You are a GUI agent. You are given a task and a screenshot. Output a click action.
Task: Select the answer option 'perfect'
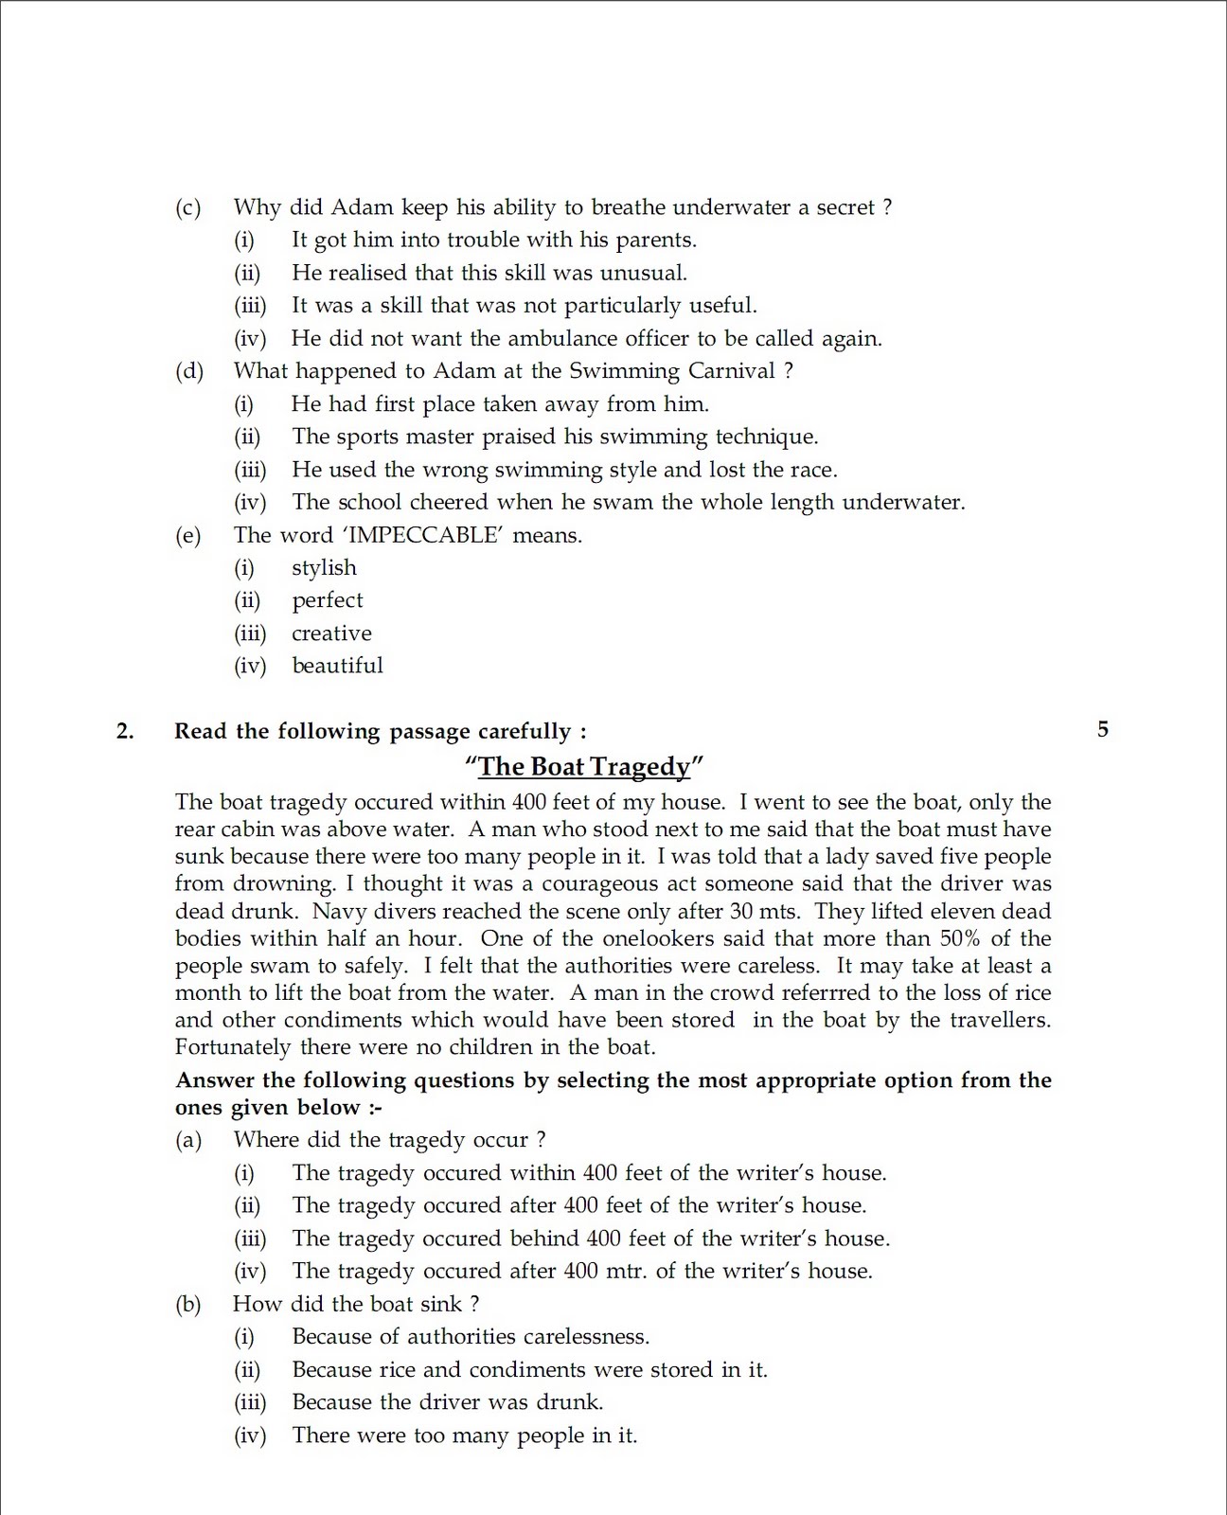click(x=327, y=600)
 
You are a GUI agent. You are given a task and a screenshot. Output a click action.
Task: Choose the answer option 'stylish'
click(x=324, y=568)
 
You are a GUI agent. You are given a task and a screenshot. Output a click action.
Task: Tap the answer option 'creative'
click(x=331, y=633)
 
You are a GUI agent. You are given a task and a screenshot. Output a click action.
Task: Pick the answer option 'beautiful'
click(x=337, y=666)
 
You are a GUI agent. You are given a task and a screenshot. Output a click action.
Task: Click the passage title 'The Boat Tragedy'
click(x=584, y=766)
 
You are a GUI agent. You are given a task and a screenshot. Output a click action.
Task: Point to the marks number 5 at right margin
click(x=1102, y=729)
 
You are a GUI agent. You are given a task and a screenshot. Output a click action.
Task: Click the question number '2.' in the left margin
click(x=125, y=731)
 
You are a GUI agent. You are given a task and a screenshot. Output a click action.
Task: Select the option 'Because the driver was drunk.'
click(x=447, y=1402)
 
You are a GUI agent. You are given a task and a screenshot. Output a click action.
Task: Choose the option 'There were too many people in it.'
click(x=464, y=1435)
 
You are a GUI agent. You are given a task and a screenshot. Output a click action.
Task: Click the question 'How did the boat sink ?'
click(x=356, y=1304)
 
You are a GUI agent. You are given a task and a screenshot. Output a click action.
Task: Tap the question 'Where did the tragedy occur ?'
click(x=389, y=1140)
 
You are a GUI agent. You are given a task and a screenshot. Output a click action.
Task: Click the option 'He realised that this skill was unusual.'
click(x=489, y=273)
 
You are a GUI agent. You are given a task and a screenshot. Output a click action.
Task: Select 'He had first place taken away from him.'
click(x=500, y=404)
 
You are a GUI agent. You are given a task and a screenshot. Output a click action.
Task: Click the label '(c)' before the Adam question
click(x=187, y=207)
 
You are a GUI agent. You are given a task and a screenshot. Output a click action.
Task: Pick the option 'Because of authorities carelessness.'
click(x=471, y=1337)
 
